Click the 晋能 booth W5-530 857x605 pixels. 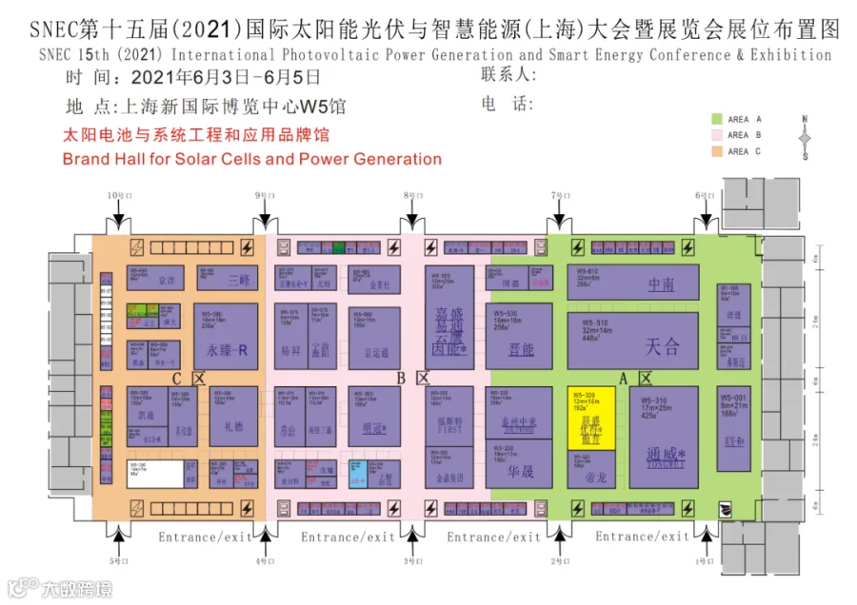tap(518, 336)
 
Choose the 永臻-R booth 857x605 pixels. tap(227, 337)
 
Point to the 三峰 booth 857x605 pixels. tap(229, 278)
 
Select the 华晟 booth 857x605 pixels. tap(519, 465)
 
